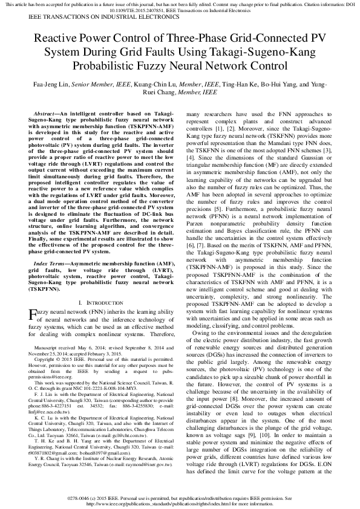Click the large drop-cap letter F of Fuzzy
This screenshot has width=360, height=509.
tap(33, 313)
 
